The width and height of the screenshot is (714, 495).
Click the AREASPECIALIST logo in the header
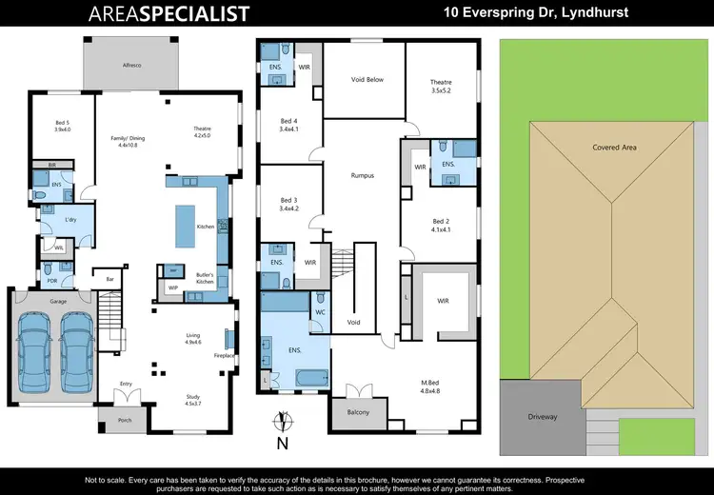(169, 13)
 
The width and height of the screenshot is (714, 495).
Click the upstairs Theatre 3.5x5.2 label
(440, 87)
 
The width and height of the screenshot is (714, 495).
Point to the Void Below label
(367, 79)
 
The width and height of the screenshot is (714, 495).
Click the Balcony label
(357, 412)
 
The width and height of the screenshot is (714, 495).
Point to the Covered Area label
(614, 148)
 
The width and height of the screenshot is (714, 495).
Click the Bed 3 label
(289, 203)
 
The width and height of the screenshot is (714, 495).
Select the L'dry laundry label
(69, 220)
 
